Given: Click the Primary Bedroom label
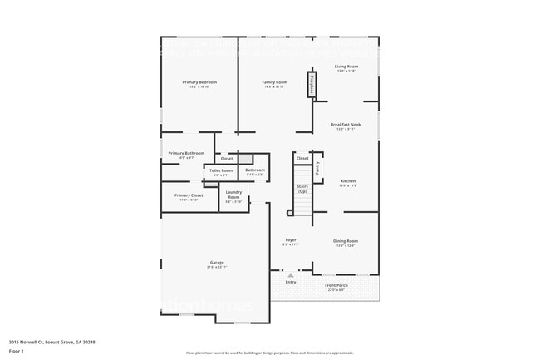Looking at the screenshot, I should point(199,82).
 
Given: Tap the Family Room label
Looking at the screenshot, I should point(274,82).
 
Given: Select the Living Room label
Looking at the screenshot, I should point(346,67).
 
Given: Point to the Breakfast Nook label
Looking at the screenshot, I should point(346,125).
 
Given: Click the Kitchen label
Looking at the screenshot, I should point(348,181).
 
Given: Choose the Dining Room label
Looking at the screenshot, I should point(345,241).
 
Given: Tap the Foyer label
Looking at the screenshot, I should point(291,240).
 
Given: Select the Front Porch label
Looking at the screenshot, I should point(337,285).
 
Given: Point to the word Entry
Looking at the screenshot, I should point(291,282).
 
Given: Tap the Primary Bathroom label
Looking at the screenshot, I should point(186,153).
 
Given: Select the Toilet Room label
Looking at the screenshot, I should point(221,170).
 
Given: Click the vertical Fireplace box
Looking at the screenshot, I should point(312,85).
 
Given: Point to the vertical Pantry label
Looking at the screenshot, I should point(317,167).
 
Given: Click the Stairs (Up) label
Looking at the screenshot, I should point(302,189).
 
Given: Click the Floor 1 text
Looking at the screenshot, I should point(17,350).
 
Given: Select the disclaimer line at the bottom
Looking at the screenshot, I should point(269,353).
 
